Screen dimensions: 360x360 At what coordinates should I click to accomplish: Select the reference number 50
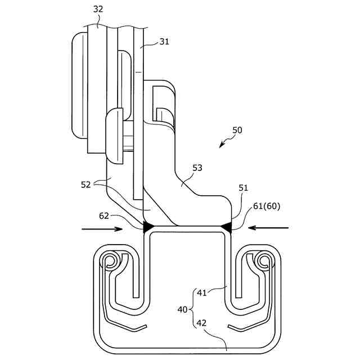pos(237,129)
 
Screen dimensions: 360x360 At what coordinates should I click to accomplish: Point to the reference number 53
pos(197,168)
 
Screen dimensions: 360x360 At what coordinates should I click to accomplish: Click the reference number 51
pos(242,188)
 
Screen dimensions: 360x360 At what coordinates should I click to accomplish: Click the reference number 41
pos(201,292)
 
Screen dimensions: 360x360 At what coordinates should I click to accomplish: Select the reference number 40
pos(183,310)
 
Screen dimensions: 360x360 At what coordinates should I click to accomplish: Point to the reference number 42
pos(201,323)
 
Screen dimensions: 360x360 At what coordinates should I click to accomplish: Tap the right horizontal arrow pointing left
pos(269,228)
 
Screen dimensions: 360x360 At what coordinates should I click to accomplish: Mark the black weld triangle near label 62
pos(150,227)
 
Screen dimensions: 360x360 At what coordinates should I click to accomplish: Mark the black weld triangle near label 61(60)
pos(226,227)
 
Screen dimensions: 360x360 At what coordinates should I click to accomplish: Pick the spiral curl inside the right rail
pos(262,260)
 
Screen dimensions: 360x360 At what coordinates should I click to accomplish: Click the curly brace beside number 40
pos(192,310)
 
